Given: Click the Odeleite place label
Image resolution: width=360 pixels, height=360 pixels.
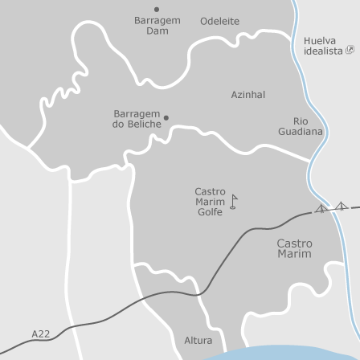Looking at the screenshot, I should (x=219, y=21).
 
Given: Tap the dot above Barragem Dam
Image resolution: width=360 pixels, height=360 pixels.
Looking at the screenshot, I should (x=156, y=10).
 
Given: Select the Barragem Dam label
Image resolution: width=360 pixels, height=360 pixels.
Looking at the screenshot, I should (x=157, y=25).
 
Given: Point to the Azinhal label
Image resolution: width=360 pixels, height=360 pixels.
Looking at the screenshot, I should (x=247, y=94).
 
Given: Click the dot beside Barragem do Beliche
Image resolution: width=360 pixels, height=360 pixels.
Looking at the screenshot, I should (x=166, y=118).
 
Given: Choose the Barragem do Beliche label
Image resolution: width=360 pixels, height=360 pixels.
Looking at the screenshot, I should (x=136, y=119).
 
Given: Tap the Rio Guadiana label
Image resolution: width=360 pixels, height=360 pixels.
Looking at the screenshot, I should (x=301, y=125).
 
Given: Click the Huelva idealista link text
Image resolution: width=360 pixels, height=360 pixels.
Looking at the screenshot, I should (x=324, y=46).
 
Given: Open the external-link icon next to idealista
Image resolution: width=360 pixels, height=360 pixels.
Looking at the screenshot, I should (x=350, y=51).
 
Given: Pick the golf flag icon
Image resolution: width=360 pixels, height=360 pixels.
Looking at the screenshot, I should (x=233, y=201).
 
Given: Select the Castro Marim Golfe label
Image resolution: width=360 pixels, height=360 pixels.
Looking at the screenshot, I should (x=210, y=202).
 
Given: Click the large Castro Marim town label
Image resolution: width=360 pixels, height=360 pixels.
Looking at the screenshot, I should (x=294, y=248).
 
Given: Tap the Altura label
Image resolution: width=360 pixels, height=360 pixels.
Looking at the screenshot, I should (x=198, y=340).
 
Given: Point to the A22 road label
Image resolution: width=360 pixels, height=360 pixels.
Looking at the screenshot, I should (x=40, y=333).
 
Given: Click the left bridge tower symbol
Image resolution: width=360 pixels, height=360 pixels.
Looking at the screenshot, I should (x=321, y=209).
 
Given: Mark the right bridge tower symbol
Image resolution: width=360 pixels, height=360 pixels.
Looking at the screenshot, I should (x=342, y=206).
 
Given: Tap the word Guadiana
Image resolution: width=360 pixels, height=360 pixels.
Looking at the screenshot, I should (x=301, y=131).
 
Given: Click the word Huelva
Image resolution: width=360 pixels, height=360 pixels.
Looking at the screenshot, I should (x=320, y=40).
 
